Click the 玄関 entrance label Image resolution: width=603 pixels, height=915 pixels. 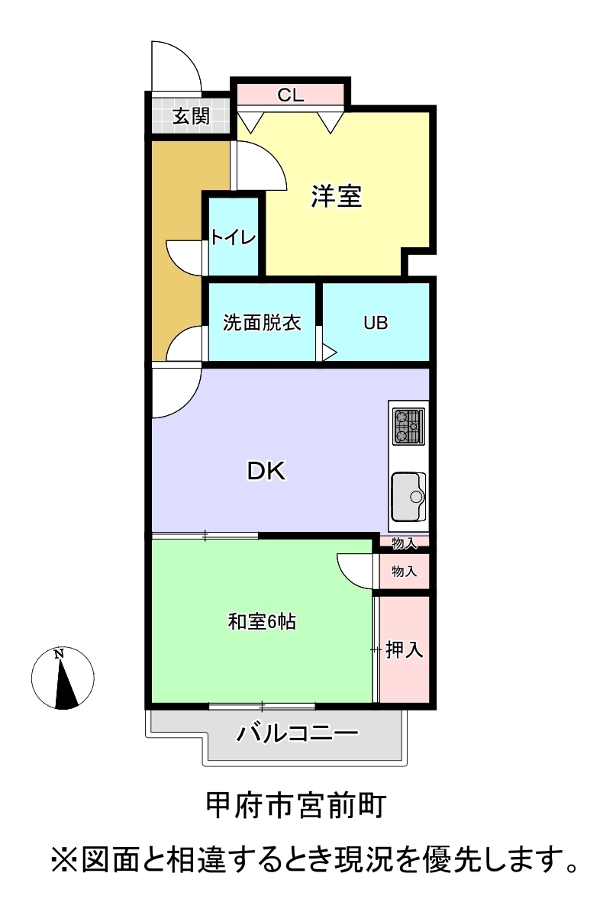tap(191, 116)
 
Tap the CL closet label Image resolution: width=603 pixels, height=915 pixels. tap(291, 95)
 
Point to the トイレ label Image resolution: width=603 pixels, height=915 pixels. tap(233, 237)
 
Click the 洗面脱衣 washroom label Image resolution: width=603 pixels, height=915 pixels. tap(262, 323)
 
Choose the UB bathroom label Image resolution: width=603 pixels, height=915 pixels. tap(376, 323)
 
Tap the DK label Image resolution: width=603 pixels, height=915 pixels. tap(266, 470)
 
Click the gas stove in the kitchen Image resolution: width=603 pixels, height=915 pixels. tap(408, 426)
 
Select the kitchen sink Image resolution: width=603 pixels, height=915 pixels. tap(408, 496)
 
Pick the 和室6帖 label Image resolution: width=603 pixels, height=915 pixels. tap(262, 621)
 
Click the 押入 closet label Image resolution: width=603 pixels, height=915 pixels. tap(404, 649)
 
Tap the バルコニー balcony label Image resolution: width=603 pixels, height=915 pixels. tap(297, 733)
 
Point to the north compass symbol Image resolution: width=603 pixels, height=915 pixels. tap(63, 678)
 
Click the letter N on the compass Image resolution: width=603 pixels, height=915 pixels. tap(58, 654)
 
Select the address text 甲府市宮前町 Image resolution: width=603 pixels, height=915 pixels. tap(296, 806)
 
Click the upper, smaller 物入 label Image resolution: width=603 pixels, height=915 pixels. tap(405, 543)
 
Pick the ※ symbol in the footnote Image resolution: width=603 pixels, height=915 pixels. tap(64, 859)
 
